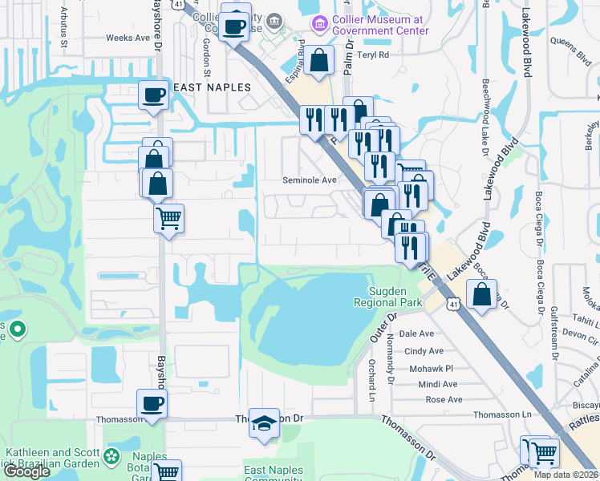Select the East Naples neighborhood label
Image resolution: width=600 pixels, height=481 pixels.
[x=210, y=87]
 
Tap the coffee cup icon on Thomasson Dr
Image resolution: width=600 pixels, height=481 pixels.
[x=152, y=404]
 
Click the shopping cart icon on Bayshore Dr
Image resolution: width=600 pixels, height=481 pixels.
[x=168, y=217]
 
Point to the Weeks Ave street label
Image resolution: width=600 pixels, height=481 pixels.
[x=128, y=38]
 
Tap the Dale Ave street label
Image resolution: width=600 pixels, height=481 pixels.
[x=416, y=333]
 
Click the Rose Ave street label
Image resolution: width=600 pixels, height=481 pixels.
[x=444, y=399]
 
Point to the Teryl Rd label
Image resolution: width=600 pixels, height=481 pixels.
[x=373, y=55]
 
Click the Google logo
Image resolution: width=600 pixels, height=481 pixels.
[x=26, y=471]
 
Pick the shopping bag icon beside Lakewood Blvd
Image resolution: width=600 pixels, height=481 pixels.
[x=481, y=294]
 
